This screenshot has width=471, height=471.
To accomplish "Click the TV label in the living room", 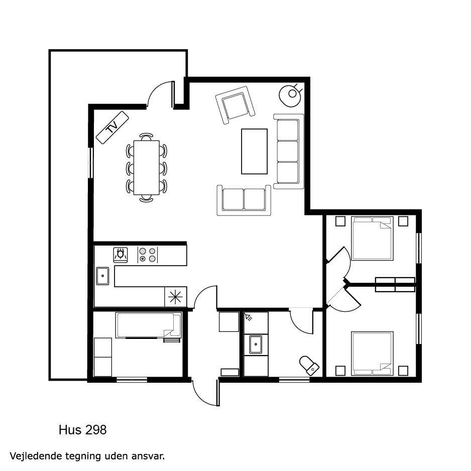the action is click(112, 128).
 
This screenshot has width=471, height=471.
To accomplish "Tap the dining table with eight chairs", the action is click(146, 168).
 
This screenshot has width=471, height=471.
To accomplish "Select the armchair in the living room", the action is click(235, 105).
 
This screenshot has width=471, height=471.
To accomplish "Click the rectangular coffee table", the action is click(254, 152).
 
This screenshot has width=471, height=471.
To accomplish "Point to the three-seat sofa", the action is click(288, 152).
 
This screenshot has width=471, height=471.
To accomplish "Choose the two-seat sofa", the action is click(244, 200).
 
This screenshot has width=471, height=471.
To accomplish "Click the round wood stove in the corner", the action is click(290, 94).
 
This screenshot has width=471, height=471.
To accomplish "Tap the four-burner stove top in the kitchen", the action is click(148, 255).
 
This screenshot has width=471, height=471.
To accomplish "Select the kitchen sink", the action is click(102, 276).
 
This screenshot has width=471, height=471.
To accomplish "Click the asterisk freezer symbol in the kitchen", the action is click(175, 297).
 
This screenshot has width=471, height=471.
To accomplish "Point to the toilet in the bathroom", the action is click(309, 365).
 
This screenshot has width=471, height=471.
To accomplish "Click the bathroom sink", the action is click(256, 344).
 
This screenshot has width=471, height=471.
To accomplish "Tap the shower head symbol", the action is click(249, 317).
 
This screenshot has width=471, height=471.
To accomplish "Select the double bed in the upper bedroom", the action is click(372, 238).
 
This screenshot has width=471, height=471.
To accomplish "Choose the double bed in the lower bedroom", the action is click(372, 354).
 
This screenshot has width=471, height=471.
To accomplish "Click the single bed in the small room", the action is click(149, 325).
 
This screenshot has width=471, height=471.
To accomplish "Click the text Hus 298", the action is click(83, 430).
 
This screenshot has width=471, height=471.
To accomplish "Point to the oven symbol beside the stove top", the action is click(121, 255).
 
